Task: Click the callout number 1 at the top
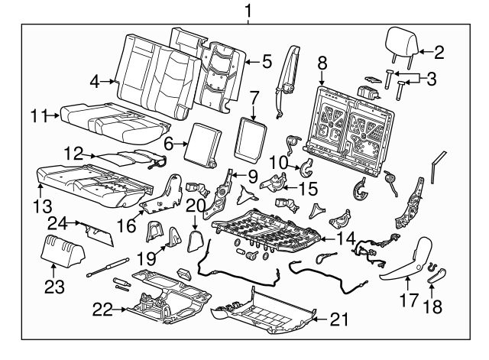tap(247, 10)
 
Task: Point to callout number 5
tap(267, 60)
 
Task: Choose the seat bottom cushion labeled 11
tap(115, 122)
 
